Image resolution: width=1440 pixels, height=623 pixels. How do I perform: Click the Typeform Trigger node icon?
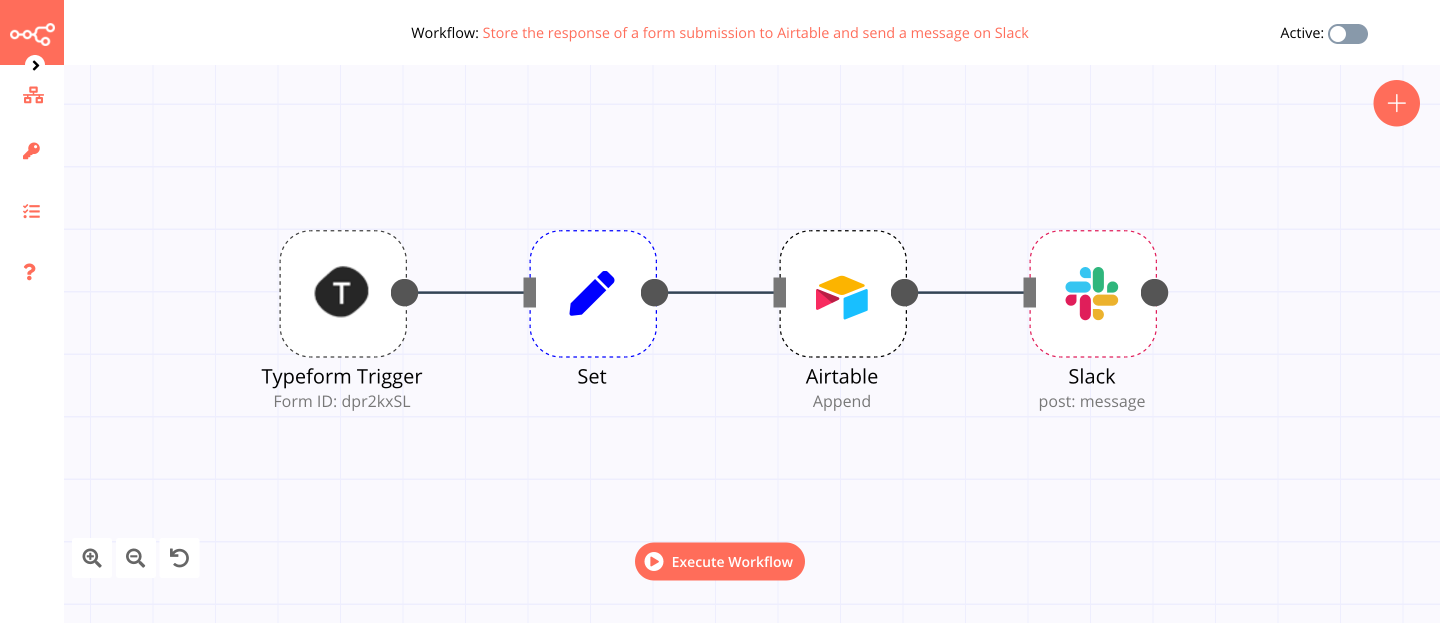341,292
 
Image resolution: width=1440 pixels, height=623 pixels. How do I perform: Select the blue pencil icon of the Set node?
591,293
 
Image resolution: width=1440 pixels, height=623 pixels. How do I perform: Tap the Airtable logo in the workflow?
841,296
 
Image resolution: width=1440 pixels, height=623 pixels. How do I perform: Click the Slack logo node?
1091,293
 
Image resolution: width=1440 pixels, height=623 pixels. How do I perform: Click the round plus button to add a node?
1396,103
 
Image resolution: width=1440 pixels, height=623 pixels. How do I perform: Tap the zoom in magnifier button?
91,557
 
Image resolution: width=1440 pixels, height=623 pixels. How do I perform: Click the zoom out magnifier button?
135,557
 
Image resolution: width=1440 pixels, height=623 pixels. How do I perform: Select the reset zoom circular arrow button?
179,557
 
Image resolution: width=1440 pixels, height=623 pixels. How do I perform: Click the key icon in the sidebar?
31,151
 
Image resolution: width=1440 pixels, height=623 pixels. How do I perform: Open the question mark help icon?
29,272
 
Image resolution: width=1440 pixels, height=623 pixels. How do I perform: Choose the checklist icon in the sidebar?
31,211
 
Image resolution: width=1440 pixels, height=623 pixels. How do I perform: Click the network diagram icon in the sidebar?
33,95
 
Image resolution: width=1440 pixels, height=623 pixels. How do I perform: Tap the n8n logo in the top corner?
32,33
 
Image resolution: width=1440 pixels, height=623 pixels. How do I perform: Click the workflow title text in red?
754,33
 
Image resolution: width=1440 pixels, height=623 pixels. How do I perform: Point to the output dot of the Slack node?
1154,292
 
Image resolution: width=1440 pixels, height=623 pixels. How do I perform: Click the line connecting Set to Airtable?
721,292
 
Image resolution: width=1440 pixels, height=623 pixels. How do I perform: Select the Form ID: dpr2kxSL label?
341,401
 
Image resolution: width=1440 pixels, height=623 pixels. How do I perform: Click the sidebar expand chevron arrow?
35,65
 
